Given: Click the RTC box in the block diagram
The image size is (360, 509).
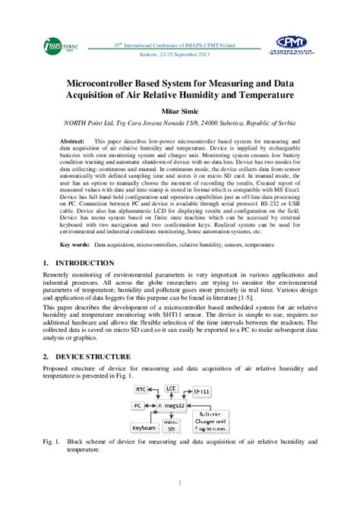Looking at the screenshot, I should (141, 389).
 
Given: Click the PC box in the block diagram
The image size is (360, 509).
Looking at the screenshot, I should (137, 406).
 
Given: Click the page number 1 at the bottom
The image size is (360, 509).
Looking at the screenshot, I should (180, 484).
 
